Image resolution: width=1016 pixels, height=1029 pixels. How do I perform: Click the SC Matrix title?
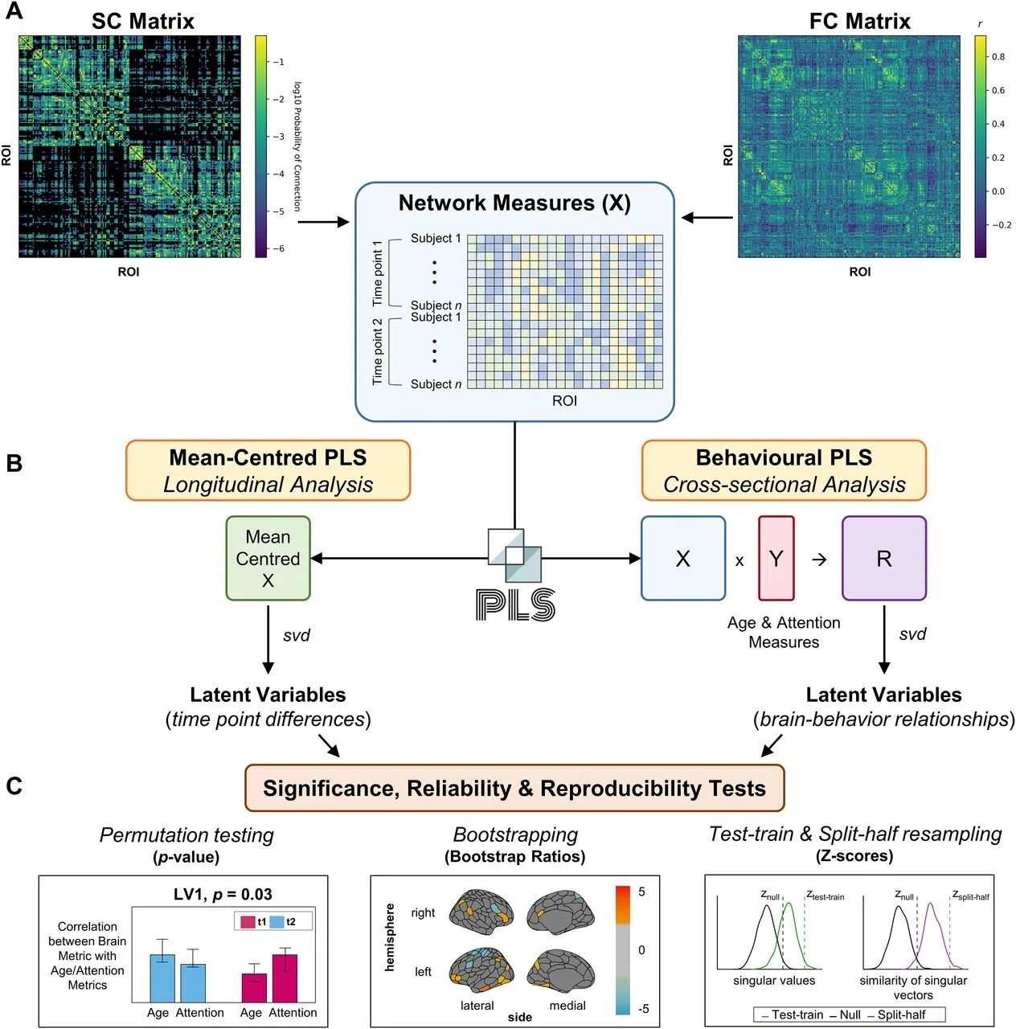tap(142, 22)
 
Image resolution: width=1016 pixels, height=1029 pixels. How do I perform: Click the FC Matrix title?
tap(859, 22)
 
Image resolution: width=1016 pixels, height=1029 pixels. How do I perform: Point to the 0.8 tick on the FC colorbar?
tap(998, 56)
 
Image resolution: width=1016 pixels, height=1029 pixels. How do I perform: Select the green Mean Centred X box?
tap(268, 558)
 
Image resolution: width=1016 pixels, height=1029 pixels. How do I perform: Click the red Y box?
tap(776, 558)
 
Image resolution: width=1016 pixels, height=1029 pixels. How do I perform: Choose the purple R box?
tap(884, 558)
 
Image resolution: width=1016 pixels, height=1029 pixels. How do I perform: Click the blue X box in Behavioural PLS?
tap(683, 558)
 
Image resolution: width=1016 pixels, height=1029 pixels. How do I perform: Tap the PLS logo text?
tap(515, 605)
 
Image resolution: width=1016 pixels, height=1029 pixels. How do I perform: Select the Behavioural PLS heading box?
tap(784, 470)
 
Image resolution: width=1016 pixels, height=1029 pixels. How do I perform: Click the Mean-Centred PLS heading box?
tap(268, 470)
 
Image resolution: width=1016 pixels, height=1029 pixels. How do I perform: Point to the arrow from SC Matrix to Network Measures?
tap(323, 222)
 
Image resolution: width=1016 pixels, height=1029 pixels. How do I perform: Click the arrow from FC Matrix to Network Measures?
tap(707, 217)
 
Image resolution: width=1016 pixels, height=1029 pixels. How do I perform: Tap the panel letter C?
tap(14, 785)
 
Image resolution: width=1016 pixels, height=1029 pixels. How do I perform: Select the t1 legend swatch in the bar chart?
tap(248, 921)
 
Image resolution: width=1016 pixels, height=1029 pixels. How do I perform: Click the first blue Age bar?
tap(162, 978)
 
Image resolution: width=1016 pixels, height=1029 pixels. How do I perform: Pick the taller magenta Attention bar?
tap(285, 978)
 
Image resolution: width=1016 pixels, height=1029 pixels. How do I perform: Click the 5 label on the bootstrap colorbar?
tap(641, 892)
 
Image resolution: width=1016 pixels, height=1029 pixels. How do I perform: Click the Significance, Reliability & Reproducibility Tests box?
tap(514, 788)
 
